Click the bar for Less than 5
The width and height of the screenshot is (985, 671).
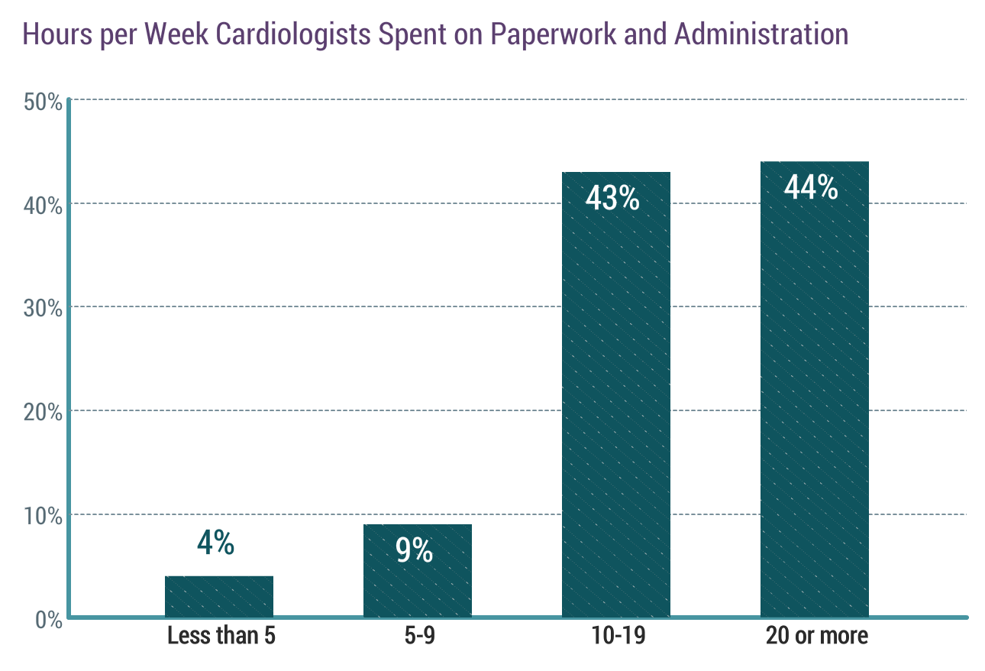[x=219, y=596]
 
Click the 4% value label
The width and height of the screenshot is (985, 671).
[x=215, y=543]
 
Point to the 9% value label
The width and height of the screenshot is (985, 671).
[x=415, y=550]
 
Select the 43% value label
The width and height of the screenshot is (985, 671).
[x=612, y=198]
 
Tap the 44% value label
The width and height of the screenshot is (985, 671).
[x=811, y=187]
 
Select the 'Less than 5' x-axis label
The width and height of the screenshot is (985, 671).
[x=221, y=637]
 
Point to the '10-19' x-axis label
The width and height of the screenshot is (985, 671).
[x=616, y=637]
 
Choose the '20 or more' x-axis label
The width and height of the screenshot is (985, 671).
[x=817, y=637]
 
